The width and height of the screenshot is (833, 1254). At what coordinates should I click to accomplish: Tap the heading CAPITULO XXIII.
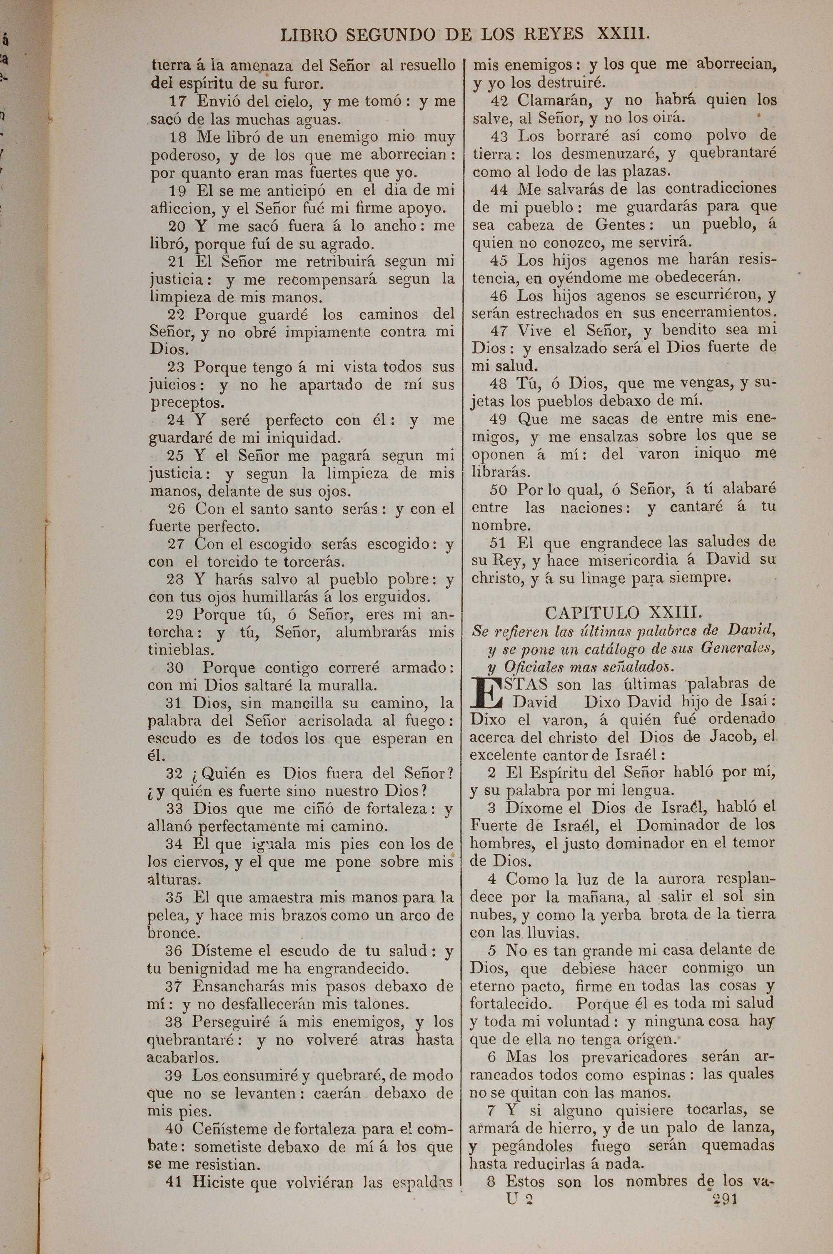tap(624, 613)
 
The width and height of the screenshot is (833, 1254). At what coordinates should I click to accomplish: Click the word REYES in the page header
tap(554, 35)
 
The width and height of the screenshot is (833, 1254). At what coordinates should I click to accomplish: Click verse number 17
tap(178, 101)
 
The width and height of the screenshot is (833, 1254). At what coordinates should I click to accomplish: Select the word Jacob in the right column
tap(733, 737)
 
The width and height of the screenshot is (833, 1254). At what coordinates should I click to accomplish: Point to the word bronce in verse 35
tap(172, 933)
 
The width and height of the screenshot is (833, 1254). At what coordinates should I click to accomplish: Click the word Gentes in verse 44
tap(621, 224)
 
